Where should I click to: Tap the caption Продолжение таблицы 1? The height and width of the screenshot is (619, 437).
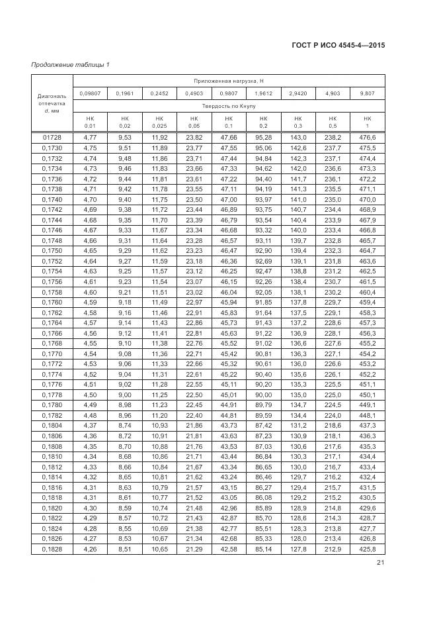point(71,64)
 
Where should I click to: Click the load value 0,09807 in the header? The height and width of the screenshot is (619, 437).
point(89,93)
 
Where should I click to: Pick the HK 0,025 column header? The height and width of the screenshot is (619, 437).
point(159,122)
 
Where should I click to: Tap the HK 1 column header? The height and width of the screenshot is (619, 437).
point(368,122)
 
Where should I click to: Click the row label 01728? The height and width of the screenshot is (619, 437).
point(52,137)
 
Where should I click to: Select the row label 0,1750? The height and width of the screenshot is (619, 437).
point(52,251)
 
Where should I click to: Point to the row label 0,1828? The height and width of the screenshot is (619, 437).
point(52,550)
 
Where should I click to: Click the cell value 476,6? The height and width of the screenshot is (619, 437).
point(368,137)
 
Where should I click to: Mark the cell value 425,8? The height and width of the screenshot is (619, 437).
point(368,550)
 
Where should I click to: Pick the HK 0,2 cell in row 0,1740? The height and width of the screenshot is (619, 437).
point(263,199)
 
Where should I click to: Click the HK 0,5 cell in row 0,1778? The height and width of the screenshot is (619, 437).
point(333,395)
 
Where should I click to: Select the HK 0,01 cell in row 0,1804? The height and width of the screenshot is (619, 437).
point(89,426)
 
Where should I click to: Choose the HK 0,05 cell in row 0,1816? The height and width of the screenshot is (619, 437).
point(194,488)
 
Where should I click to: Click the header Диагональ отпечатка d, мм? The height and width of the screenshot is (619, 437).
point(52,103)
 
